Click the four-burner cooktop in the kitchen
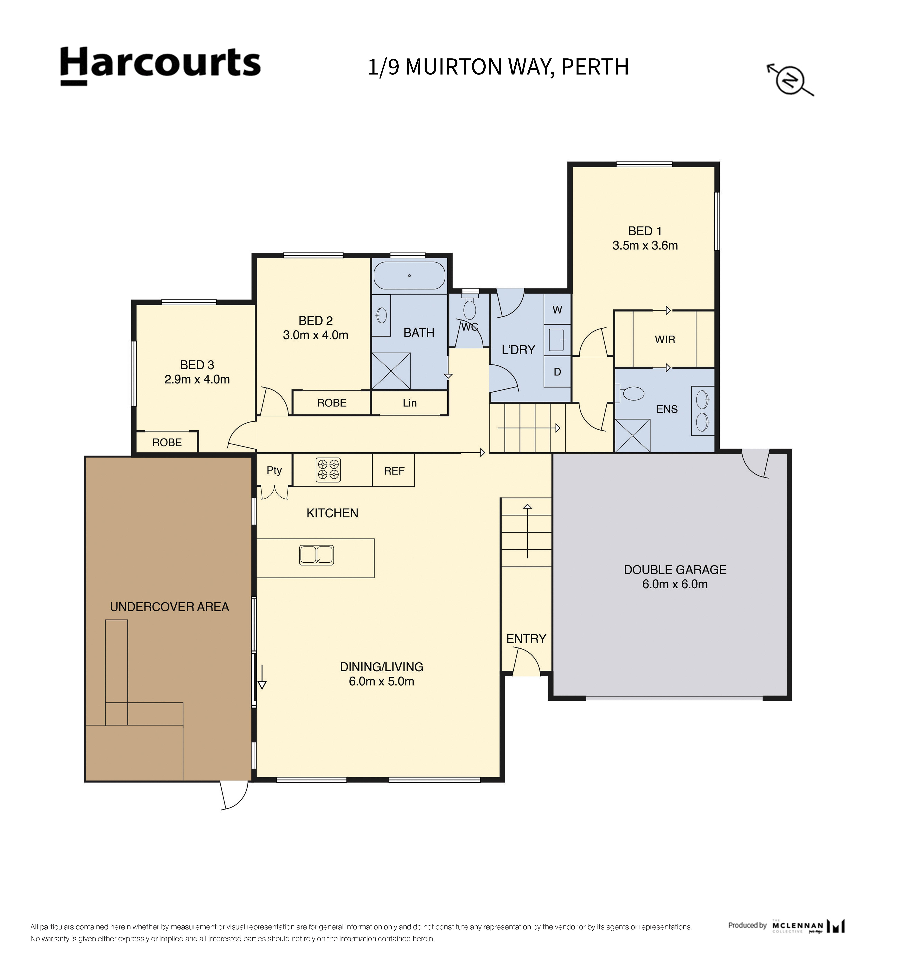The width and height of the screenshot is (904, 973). coord(328,470)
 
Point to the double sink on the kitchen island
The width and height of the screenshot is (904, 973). coord(317,555)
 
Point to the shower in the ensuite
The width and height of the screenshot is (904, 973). coord(632,435)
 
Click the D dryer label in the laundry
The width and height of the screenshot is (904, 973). coord(557,372)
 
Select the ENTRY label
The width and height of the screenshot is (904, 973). coord(526,639)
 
